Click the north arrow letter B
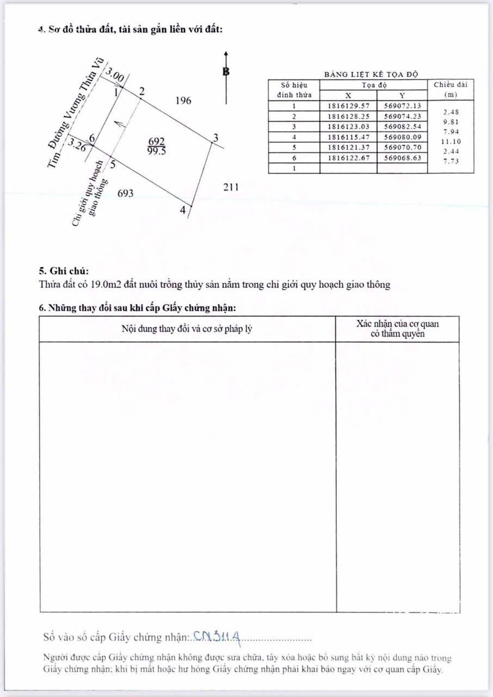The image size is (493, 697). coord(226,71)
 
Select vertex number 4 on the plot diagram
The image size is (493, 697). coord(183,210)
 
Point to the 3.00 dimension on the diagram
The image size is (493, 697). coord(115,76)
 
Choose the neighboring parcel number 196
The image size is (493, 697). coord(184,101)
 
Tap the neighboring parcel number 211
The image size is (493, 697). coord(231,187)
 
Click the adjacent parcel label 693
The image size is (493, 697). coord(125,193)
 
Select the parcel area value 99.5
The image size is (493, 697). coord(156,152)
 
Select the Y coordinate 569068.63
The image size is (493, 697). coord(402,158)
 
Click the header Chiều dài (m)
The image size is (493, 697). coord(450,89)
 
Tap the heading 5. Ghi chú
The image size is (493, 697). coord(63,271)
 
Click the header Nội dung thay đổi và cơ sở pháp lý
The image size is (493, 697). coord(187,329)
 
